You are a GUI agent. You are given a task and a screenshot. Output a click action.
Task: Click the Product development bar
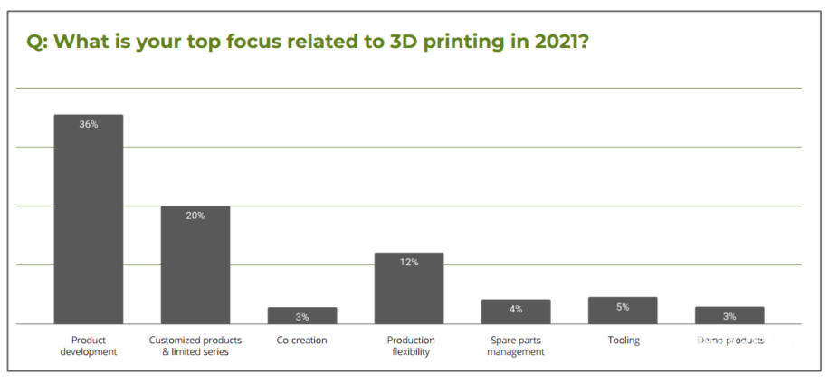click(89, 222)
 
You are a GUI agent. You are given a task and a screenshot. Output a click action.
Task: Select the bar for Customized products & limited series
click(195, 267)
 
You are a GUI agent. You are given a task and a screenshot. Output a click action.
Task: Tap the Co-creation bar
click(302, 316)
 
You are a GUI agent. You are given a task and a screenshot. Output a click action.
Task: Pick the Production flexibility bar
click(409, 290)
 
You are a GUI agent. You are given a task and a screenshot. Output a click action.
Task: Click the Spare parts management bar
click(516, 312)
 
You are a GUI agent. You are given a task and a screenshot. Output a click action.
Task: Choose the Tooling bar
click(623, 311)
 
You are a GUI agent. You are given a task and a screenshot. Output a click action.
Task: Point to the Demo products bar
click(729, 316)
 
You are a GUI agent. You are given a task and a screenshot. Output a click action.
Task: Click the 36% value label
click(89, 124)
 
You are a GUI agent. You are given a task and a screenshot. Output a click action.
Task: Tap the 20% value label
click(195, 216)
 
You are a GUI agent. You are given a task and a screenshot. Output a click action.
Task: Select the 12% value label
click(409, 262)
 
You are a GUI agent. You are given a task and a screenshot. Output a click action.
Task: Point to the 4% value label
click(516, 309)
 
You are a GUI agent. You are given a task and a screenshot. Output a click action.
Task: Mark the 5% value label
click(623, 307)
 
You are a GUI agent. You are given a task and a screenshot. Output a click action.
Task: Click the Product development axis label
click(89, 346)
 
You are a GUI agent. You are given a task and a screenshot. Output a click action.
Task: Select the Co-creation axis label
click(302, 341)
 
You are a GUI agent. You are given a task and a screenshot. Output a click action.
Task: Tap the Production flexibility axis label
click(411, 346)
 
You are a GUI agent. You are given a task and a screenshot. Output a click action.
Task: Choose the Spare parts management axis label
click(516, 346)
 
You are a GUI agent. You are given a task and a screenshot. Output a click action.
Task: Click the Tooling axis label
click(624, 341)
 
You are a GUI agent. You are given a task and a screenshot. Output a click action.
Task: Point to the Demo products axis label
click(730, 341)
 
